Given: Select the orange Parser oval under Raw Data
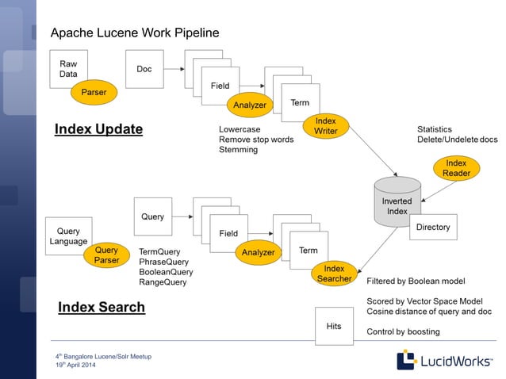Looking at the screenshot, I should coord(94,93).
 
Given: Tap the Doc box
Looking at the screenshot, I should coord(144,69).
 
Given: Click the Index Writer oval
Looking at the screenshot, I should coord(326,126).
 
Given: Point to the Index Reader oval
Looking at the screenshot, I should coord(456,168).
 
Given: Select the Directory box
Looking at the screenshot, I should coord(433,227).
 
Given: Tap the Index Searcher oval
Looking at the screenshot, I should coord(334,273).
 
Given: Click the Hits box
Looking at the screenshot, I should coord(334,326).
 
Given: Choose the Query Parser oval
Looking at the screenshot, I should coord(106,255).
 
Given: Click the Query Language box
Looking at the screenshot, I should coord(69,235).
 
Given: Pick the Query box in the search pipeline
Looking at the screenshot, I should coord(152,216).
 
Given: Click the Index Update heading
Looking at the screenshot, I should coord(98,129).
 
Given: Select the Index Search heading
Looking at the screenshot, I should coord(102,307).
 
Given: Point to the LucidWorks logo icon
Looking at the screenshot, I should coord(406,360).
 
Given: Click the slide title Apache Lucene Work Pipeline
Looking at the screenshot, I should coord(135,33).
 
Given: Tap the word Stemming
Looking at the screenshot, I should coord(238,150).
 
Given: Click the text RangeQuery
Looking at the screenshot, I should coord(163,281).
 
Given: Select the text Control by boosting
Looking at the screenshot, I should coord(403,331).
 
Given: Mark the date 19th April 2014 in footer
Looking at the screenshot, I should coord(75,365).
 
